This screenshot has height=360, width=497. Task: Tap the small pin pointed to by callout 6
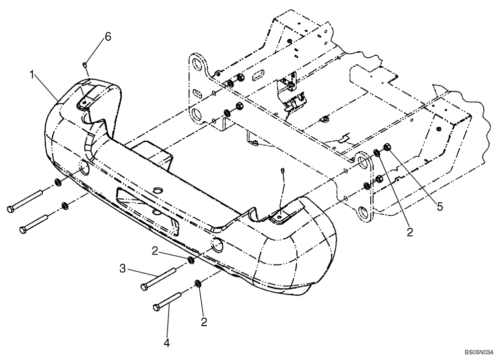(85, 64)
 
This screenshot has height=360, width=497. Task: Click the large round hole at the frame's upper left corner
(197, 64)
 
